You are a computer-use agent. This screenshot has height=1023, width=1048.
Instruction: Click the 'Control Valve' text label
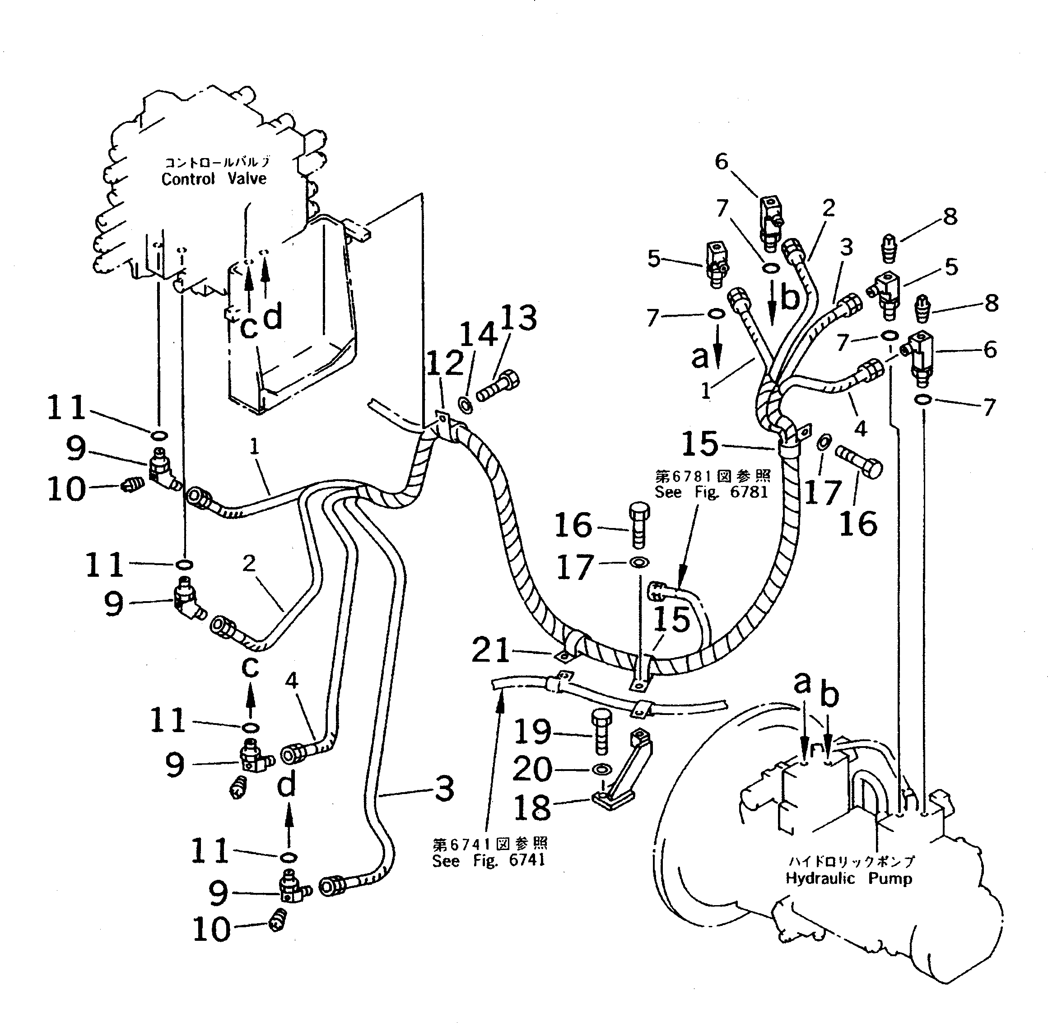[214, 178]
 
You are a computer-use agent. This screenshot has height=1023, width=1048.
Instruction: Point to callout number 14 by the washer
[479, 334]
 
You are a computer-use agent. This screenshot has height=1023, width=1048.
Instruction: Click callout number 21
[490, 651]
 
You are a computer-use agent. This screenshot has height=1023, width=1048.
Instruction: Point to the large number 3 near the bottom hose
[444, 789]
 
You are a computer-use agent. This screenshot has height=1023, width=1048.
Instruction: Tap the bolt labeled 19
[601, 732]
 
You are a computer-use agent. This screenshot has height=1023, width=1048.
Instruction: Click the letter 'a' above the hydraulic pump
[802, 683]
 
